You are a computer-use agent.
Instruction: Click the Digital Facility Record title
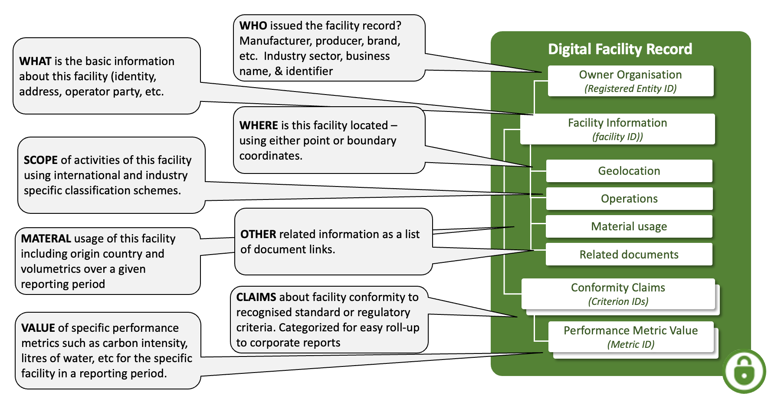click(x=620, y=49)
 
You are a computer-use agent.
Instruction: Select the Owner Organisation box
click(x=630, y=81)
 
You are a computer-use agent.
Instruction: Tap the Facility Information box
click(x=617, y=129)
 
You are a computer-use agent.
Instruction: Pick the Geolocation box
click(x=629, y=171)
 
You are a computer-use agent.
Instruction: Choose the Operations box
click(x=629, y=199)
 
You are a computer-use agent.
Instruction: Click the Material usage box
click(x=629, y=226)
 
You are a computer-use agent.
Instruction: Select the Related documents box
click(x=629, y=255)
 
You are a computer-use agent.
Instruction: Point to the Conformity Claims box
click(x=618, y=294)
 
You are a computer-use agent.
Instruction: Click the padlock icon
click(x=744, y=371)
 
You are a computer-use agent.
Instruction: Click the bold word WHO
click(x=253, y=26)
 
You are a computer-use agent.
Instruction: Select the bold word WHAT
click(x=35, y=61)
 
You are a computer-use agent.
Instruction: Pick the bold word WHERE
click(x=259, y=125)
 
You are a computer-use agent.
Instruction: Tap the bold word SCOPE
click(x=40, y=160)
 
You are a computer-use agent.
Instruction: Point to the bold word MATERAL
click(x=46, y=239)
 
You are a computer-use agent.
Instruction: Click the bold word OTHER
click(x=258, y=234)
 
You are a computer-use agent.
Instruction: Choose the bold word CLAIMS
click(x=256, y=297)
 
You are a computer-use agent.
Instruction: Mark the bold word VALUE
click(x=38, y=328)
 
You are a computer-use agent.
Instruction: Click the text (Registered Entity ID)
click(x=630, y=88)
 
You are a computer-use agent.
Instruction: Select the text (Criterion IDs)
click(x=618, y=301)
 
